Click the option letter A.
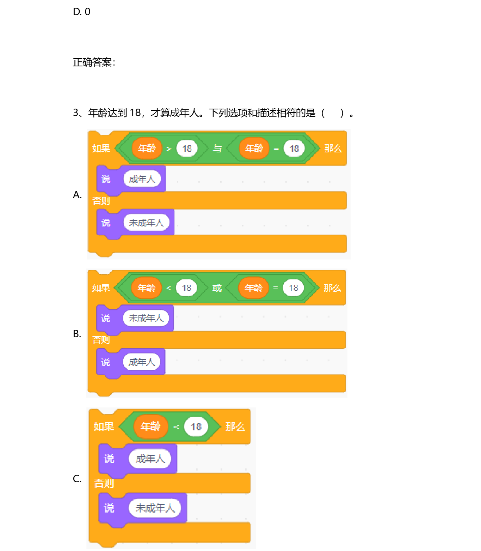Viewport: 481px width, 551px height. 77,195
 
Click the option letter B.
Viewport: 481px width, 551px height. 77,334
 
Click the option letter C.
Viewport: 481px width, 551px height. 77,479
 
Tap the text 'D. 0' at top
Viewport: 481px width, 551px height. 81,12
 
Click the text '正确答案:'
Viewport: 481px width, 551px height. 94,62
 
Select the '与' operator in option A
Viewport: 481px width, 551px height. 217,149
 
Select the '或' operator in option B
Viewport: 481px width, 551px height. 217,288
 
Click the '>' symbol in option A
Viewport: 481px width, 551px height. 169,149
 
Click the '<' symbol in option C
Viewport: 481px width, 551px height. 176,427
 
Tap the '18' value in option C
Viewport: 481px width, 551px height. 196,427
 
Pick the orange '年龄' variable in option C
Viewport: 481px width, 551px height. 150,426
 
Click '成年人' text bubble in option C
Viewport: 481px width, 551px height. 150,459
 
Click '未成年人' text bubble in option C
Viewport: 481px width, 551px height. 155,508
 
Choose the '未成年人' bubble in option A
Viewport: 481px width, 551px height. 146,223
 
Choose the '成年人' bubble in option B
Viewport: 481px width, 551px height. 142,362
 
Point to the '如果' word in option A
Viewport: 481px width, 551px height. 101,149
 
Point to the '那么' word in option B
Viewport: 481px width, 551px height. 332,288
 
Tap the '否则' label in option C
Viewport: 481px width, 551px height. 104,483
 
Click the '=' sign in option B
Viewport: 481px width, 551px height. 276,288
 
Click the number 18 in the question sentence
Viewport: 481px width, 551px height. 135,113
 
